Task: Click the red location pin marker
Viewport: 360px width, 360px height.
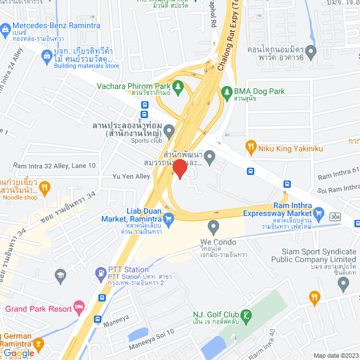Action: [179, 169]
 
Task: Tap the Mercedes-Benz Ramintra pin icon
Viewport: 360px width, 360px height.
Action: [5, 26]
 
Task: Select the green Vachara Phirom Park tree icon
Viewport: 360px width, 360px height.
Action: [178, 86]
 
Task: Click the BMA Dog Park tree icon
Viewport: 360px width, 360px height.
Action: [227, 91]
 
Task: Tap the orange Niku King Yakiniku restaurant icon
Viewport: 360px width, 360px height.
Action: [251, 148]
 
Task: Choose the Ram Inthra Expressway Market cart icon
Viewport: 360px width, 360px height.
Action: [319, 213]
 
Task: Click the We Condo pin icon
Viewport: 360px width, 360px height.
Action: [213, 228]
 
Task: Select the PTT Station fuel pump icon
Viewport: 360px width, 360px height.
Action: [101, 274]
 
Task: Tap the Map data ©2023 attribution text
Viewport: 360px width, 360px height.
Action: [335, 355]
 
